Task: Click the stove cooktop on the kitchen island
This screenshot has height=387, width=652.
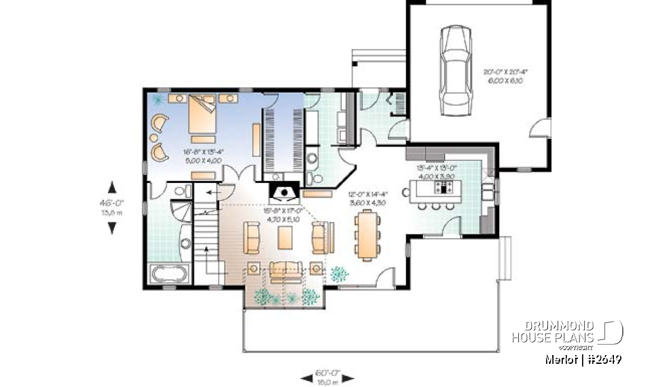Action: [x=446, y=186]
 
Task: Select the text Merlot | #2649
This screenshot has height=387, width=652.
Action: [x=583, y=358]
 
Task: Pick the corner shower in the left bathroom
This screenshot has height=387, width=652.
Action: [x=181, y=201]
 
